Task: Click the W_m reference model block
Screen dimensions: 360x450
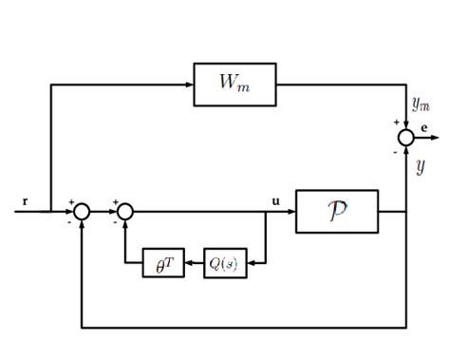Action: [x=234, y=85]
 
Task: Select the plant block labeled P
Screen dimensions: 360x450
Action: [x=336, y=211]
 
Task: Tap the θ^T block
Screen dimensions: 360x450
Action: [x=156, y=263]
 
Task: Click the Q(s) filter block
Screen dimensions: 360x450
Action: [x=225, y=263]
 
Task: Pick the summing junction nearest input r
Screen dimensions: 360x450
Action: [x=83, y=211]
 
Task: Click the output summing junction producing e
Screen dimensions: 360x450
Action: [x=406, y=138]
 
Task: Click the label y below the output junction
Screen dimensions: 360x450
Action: [x=420, y=167]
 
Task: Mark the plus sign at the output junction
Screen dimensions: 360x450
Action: [x=396, y=123]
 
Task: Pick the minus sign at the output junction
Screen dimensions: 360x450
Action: [x=396, y=152]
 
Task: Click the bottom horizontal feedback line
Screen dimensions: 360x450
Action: [x=247, y=328]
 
